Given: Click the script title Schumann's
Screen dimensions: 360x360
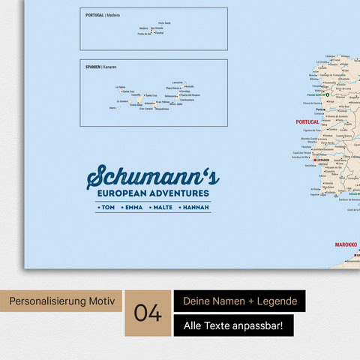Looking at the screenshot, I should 153,177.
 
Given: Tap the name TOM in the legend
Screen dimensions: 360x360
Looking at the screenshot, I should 108,207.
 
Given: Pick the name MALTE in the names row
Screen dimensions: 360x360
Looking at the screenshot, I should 162,207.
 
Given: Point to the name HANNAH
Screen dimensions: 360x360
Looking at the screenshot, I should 194,207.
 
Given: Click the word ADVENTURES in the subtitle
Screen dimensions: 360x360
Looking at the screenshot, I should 181,193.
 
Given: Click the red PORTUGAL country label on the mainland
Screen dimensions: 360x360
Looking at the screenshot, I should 307,121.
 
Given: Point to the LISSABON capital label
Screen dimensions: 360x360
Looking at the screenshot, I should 323,160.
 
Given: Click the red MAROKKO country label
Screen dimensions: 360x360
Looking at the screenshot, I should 343,244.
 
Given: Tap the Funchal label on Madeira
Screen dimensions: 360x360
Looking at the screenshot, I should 158,33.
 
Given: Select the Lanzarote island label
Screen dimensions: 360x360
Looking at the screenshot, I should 177,82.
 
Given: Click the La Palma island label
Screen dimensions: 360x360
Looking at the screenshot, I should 121,87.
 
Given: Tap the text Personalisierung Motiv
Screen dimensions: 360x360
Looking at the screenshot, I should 61,302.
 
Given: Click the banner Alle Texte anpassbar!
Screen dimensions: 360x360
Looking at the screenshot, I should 233,325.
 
